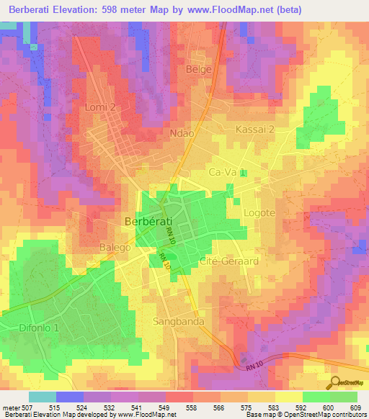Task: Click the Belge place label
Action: point(200,69)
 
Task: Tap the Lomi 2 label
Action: point(100,107)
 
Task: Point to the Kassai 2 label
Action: point(255,130)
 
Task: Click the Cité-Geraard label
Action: point(228,261)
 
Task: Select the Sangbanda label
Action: point(179,321)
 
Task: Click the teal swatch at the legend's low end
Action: point(42,397)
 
